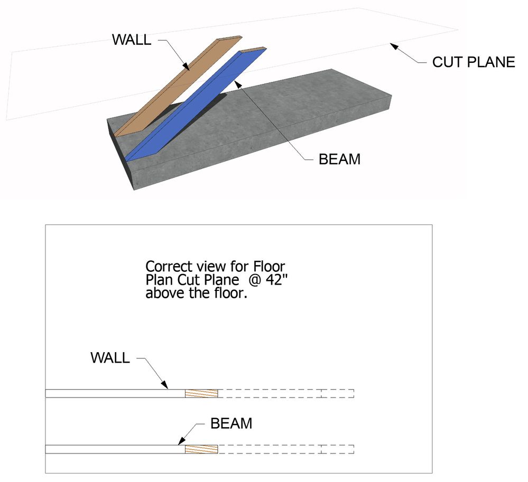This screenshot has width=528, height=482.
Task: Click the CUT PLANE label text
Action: pyautogui.click(x=473, y=62)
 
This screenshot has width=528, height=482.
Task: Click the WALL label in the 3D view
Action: pyautogui.click(x=132, y=40)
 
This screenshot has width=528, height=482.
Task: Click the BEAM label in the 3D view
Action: pyautogui.click(x=339, y=159)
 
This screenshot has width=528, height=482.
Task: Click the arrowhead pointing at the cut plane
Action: pyautogui.click(x=394, y=46)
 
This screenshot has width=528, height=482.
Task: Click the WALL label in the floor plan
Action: pyautogui.click(x=110, y=357)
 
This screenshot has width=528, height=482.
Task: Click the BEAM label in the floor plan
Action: pyautogui.click(x=231, y=423)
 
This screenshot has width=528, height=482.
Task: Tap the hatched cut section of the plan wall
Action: pyautogui.click(x=201, y=393)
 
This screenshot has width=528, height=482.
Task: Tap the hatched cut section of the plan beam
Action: pyautogui.click(x=201, y=449)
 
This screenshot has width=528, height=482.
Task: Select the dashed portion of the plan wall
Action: pyautogui.click(x=285, y=393)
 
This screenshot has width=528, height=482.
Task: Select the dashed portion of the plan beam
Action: pyautogui.click(x=285, y=449)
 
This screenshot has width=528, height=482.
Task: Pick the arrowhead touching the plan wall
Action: pyautogui.click(x=165, y=385)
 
